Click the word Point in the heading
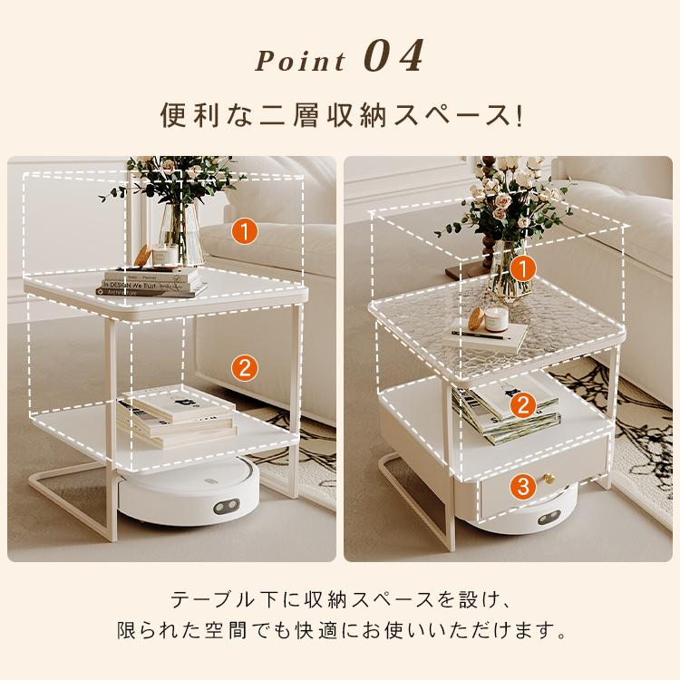300,61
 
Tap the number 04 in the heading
393,56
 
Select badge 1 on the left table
245,231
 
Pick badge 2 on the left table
245,368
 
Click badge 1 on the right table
522,269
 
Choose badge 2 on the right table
523,405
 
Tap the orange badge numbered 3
523,486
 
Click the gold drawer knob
549,479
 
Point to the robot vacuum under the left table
189,491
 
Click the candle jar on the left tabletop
165,256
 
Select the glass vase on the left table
181,233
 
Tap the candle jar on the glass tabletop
496,319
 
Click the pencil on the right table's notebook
481,335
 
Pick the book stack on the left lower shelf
177,417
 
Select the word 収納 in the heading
356,116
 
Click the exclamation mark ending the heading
520,116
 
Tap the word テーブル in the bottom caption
211,600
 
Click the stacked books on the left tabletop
151,282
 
